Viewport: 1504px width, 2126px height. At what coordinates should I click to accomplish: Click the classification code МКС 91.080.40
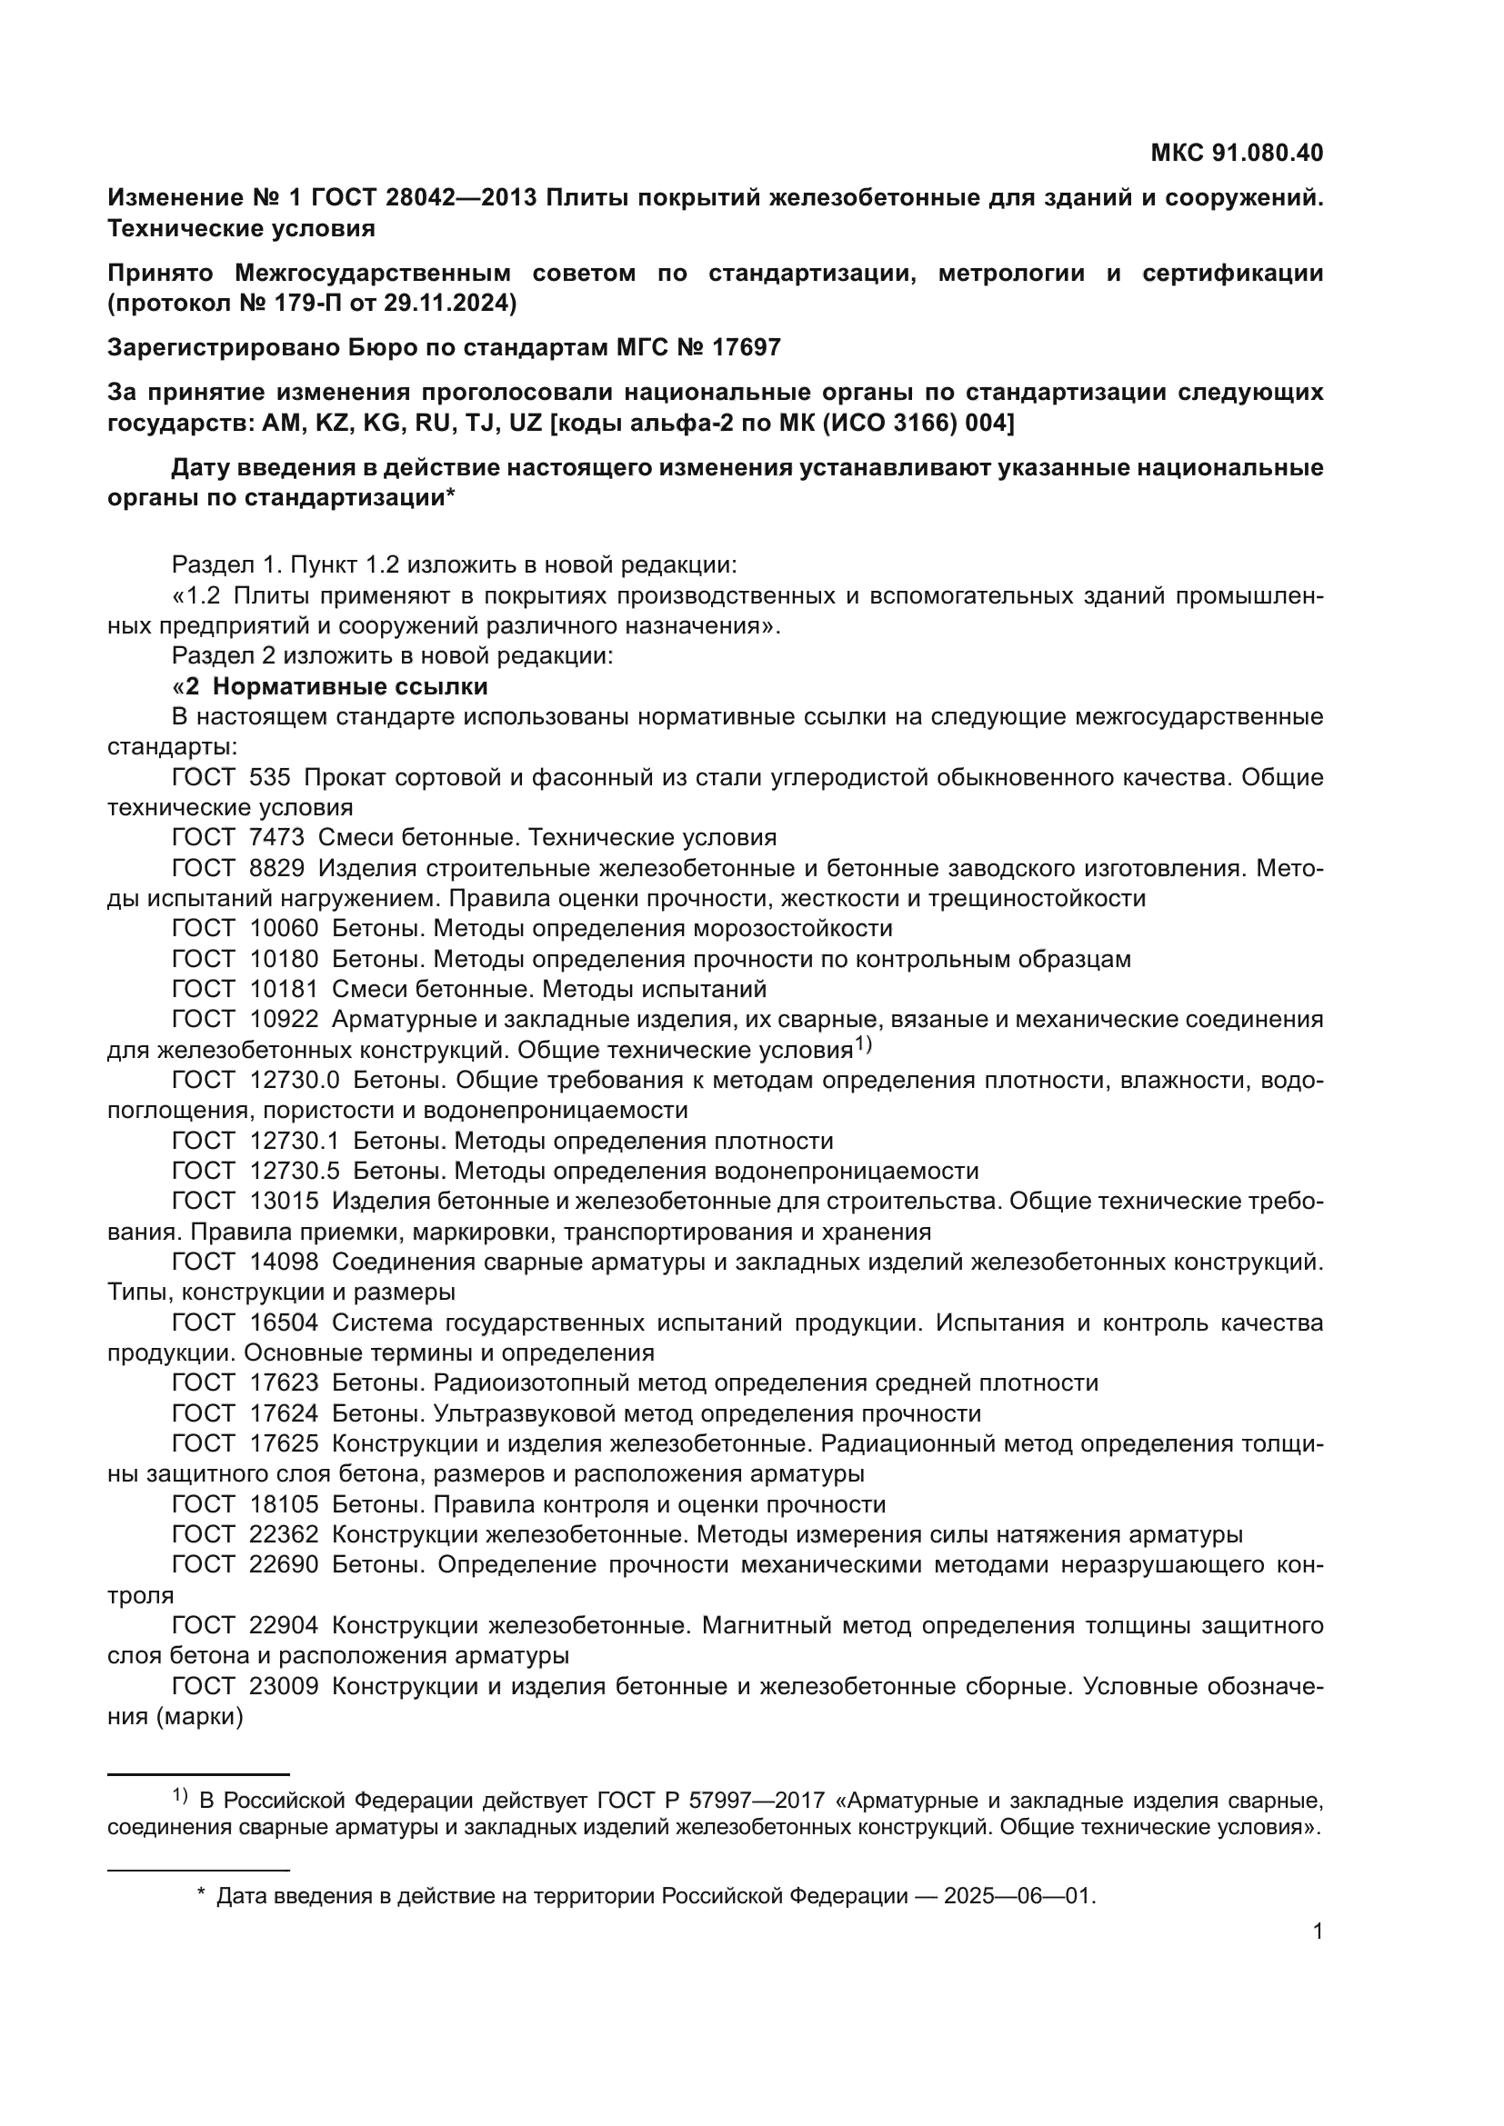[1237, 153]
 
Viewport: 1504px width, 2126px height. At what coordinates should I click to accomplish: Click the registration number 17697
[747, 347]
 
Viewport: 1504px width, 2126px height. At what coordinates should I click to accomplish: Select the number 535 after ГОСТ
[269, 777]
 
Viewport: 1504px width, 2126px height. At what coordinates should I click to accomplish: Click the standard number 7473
[276, 837]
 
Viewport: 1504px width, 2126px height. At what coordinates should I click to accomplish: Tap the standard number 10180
[284, 958]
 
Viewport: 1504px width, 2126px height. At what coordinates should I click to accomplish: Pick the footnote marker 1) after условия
[863, 1044]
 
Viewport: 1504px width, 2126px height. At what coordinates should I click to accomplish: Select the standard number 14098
[284, 1262]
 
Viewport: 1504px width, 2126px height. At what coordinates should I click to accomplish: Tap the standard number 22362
[284, 1534]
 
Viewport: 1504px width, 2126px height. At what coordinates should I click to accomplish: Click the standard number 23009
[284, 1685]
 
